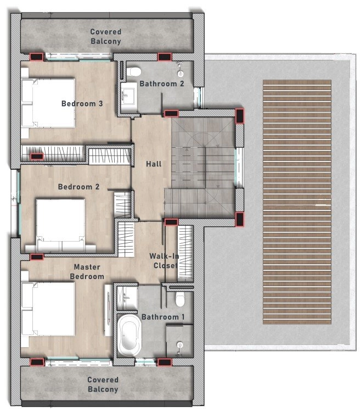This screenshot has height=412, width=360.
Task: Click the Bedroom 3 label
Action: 82,103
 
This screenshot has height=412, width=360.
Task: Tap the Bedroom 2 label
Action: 78,187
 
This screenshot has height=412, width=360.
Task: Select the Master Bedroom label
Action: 88,271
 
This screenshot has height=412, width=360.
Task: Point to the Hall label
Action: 153,164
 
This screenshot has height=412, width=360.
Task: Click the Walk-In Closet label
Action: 164,260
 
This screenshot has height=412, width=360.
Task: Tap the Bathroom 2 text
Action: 161,83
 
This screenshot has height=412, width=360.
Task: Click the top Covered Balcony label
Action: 106,36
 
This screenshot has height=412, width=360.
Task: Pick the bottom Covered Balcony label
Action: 103,385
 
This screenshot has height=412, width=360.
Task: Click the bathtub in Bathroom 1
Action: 130,334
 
